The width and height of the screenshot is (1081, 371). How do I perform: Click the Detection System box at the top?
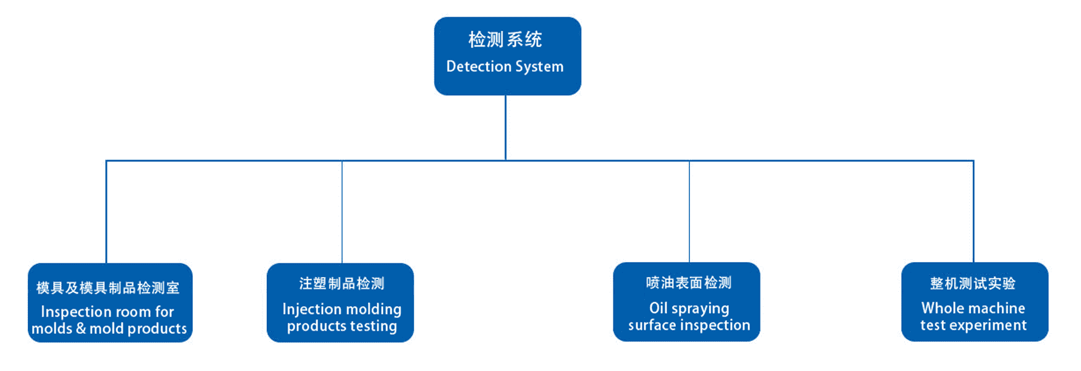[507, 56]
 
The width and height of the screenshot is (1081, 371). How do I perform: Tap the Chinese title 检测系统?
[505, 40]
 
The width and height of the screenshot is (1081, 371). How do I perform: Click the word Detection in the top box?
[475, 66]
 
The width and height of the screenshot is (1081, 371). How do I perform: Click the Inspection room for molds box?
[110, 302]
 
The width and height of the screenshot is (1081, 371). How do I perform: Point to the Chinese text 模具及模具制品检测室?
[108, 288]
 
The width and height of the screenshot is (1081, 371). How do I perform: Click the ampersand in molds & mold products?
[81, 328]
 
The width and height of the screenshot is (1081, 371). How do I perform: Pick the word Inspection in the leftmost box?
[77, 312]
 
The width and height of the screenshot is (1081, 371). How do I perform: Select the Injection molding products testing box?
[340, 302]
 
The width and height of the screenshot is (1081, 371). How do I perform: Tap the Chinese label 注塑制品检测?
[342, 283]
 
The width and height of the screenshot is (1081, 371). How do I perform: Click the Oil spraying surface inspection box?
[686, 302]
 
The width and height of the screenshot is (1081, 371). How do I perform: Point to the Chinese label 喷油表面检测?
[689, 283]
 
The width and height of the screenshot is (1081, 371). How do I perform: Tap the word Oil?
[658, 308]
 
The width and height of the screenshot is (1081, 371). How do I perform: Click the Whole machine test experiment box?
[975, 302]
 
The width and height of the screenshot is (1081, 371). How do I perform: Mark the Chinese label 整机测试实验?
[973, 283]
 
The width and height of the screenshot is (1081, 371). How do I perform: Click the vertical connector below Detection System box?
[505, 128]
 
